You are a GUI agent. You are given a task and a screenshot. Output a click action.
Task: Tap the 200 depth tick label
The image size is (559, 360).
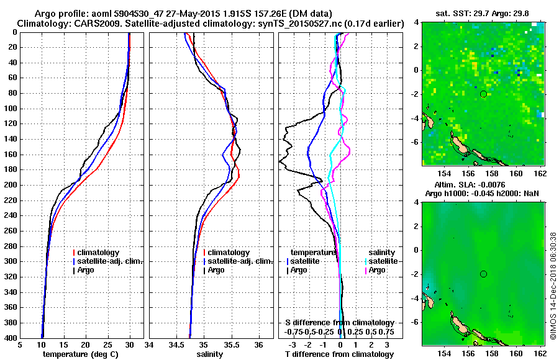[11, 185]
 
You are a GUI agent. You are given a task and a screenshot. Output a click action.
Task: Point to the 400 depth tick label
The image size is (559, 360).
[11, 338]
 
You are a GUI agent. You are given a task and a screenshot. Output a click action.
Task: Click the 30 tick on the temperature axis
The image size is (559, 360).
[130, 345]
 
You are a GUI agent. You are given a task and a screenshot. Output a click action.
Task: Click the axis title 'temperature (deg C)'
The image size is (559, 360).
[80, 354]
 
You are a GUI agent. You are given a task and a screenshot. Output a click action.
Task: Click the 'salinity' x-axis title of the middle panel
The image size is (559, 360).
[211, 354]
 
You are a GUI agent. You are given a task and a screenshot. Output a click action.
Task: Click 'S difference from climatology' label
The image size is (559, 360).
[340, 323]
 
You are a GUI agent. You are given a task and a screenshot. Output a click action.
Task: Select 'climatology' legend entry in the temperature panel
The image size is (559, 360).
[99, 253]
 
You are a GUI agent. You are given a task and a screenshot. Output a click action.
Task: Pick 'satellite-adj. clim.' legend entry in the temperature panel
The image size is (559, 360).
[109, 261]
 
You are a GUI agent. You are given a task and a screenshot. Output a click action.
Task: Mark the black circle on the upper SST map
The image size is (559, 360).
[483, 94]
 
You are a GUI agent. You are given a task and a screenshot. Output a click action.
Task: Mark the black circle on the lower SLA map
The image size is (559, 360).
[483, 274]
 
